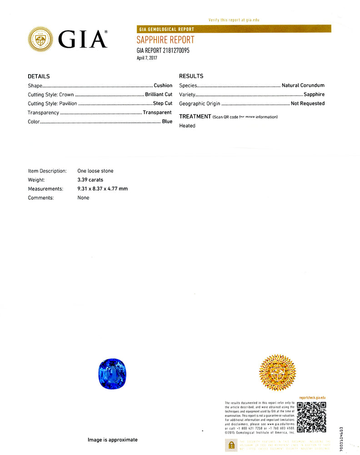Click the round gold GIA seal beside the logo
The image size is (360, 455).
40,39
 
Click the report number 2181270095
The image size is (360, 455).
175,51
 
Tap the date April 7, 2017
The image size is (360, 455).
147,58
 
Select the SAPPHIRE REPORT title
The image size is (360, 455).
165,40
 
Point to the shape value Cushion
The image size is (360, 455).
163,86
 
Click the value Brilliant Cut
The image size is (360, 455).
159,95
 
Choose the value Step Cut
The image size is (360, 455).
163,103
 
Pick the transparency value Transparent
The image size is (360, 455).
157,112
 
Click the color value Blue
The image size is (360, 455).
167,121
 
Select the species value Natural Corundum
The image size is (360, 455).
303,86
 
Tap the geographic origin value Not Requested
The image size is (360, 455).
308,103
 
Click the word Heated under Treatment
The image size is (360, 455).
187,126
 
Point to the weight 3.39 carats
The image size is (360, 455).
90,180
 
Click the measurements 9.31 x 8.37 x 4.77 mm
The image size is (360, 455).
103,189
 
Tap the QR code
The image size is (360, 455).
311,417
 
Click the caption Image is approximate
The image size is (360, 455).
113,440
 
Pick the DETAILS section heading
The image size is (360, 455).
39,76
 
